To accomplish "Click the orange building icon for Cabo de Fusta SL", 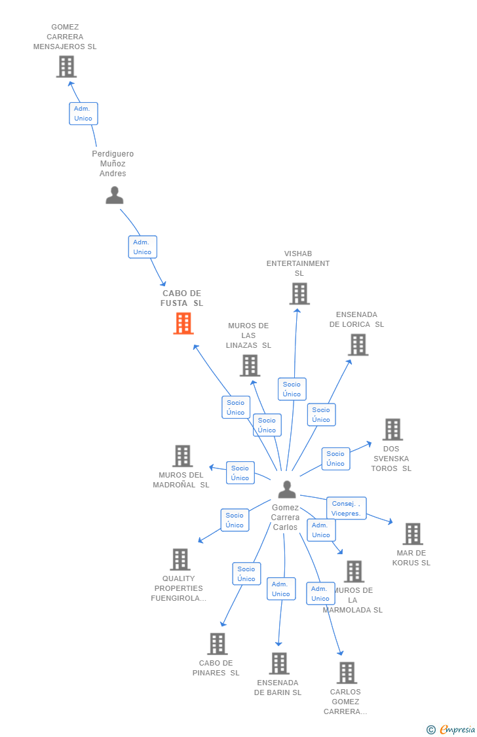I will point(183,323).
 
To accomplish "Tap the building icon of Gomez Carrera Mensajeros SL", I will point(66,66).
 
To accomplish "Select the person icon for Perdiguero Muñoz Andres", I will point(115,195).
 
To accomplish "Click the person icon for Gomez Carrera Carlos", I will point(287,489).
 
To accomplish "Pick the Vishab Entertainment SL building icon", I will point(299,293).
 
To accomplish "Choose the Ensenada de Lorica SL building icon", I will point(358,345).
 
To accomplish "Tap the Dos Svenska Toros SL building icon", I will point(392,429).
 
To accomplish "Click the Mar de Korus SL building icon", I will point(412,534).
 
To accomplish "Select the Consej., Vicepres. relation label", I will point(346,508).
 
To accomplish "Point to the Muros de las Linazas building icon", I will point(250,366).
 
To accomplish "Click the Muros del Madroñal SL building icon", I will point(182,456).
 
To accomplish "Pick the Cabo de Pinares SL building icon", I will point(218,643).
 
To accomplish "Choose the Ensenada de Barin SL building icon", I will point(279,663).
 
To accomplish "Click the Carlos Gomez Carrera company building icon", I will point(347,672).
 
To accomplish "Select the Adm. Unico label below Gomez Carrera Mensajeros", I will point(83,113).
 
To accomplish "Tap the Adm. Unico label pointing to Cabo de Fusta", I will point(142,247).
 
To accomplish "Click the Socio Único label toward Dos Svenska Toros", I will point(335,459).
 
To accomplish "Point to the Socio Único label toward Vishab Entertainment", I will point(292,389).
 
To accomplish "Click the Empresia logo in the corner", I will point(451,729).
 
